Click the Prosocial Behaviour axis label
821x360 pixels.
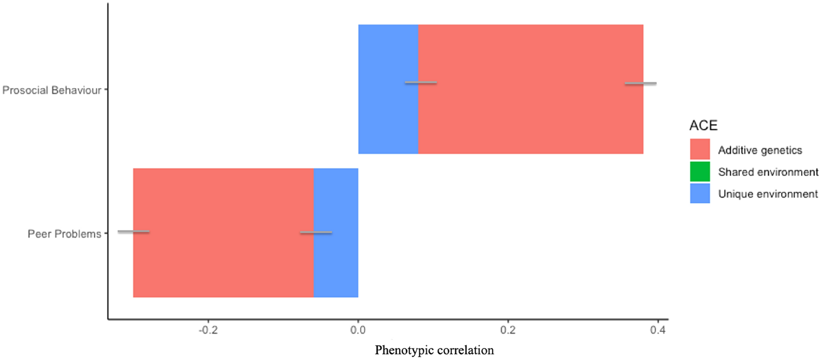[x=52, y=90]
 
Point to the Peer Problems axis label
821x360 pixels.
[x=64, y=234]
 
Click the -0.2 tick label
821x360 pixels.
[x=208, y=330]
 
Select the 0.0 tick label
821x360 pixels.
[x=358, y=330]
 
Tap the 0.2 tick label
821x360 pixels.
[x=508, y=330]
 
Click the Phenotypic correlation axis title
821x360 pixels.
[x=434, y=350]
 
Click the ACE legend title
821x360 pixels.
[x=703, y=126]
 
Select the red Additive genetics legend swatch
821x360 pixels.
[x=700, y=149]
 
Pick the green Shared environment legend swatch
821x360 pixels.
[x=700, y=172]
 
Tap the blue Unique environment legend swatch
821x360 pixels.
[x=700, y=194]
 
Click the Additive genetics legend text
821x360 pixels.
[x=760, y=150]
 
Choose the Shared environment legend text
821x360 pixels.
[x=768, y=172]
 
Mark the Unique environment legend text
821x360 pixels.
[x=768, y=194]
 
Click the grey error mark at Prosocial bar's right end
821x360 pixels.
[x=640, y=84]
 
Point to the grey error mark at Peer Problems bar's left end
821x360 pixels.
[x=133, y=232]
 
